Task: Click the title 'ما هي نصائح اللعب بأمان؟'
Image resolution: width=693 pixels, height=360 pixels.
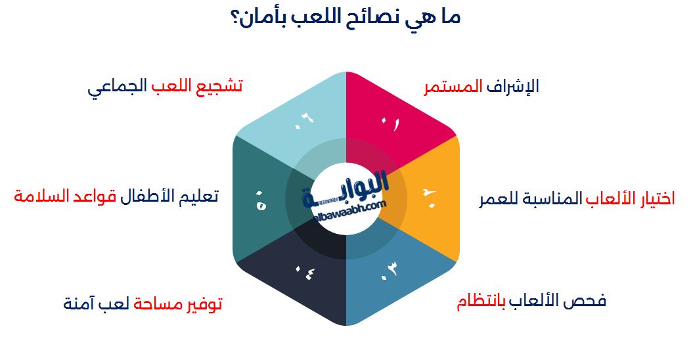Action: pyautogui.click(x=346, y=16)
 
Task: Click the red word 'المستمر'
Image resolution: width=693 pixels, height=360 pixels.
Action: pyautogui.click(x=453, y=87)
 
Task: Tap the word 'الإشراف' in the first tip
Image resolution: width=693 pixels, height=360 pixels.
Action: pyautogui.click(x=513, y=87)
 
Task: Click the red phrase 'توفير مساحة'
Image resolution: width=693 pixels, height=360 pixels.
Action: pyautogui.click(x=178, y=304)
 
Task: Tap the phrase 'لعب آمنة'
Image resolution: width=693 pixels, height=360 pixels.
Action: pyautogui.click(x=97, y=304)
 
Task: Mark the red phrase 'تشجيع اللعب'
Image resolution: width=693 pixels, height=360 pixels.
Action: pyautogui.click(x=197, y=87)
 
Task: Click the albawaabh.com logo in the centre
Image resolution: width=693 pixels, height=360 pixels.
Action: pyautogui.click(x=346, y=197)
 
